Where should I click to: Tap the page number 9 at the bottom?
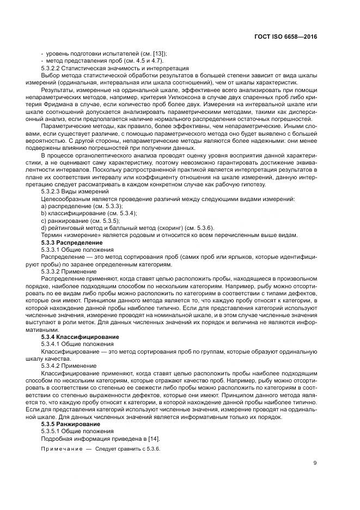click(x=315, y=463)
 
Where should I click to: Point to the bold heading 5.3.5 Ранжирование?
click(x=70, y=423)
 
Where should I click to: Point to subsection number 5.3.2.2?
click(x=53, y=68)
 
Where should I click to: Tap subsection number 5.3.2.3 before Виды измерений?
click(x=53, y=192)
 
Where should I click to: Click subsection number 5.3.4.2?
click(x=53, y=366)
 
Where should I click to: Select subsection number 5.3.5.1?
click(x=53, y=430)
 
